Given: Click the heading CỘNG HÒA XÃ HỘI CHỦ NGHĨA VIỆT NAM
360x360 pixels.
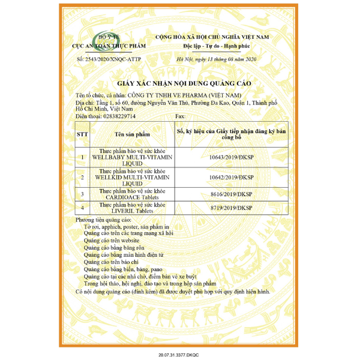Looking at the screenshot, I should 212,37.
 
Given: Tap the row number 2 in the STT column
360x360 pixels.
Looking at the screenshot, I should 82,178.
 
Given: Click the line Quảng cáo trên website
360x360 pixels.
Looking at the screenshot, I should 115,239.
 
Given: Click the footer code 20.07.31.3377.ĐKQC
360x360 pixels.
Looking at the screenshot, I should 179,355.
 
